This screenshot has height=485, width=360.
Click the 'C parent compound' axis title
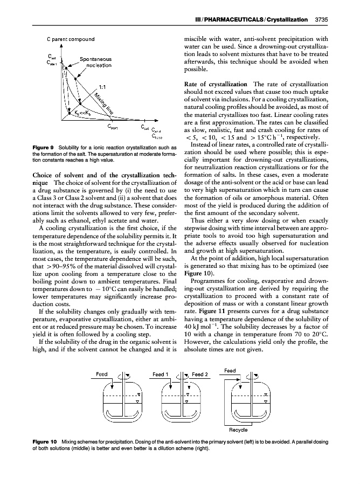click(70, 39)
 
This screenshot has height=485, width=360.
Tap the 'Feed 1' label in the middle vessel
click(160, 374)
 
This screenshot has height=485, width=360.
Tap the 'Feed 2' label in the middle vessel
click(199, 374)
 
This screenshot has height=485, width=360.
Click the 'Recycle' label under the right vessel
click(239, 429)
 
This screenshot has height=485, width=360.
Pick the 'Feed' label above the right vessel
click(230, 370)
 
